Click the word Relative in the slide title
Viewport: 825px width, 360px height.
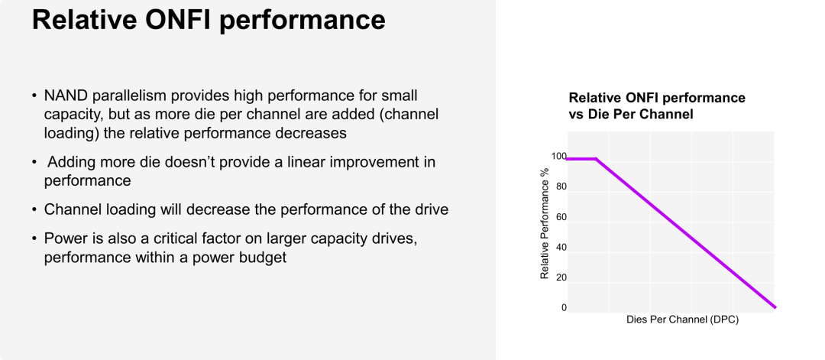click(x=82, y=19)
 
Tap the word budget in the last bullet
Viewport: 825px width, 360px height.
click(x=260, y=258)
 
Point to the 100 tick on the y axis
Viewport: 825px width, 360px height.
click(x=558, y=157)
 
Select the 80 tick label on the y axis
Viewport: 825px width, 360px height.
click(x=561, y=186)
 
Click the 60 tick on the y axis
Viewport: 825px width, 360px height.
click(x=561, y=217)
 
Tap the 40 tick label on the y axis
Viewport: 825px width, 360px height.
click(x=561, y=248)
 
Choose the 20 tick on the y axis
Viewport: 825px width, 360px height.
click(x=561, y=277)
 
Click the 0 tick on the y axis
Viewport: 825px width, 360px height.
click(x=564, y=308)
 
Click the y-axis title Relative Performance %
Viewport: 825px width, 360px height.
click(x=545, y=222)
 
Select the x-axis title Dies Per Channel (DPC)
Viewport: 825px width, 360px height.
click(x=682, y=319)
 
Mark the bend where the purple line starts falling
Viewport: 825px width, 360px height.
click(x=596, y=158)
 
